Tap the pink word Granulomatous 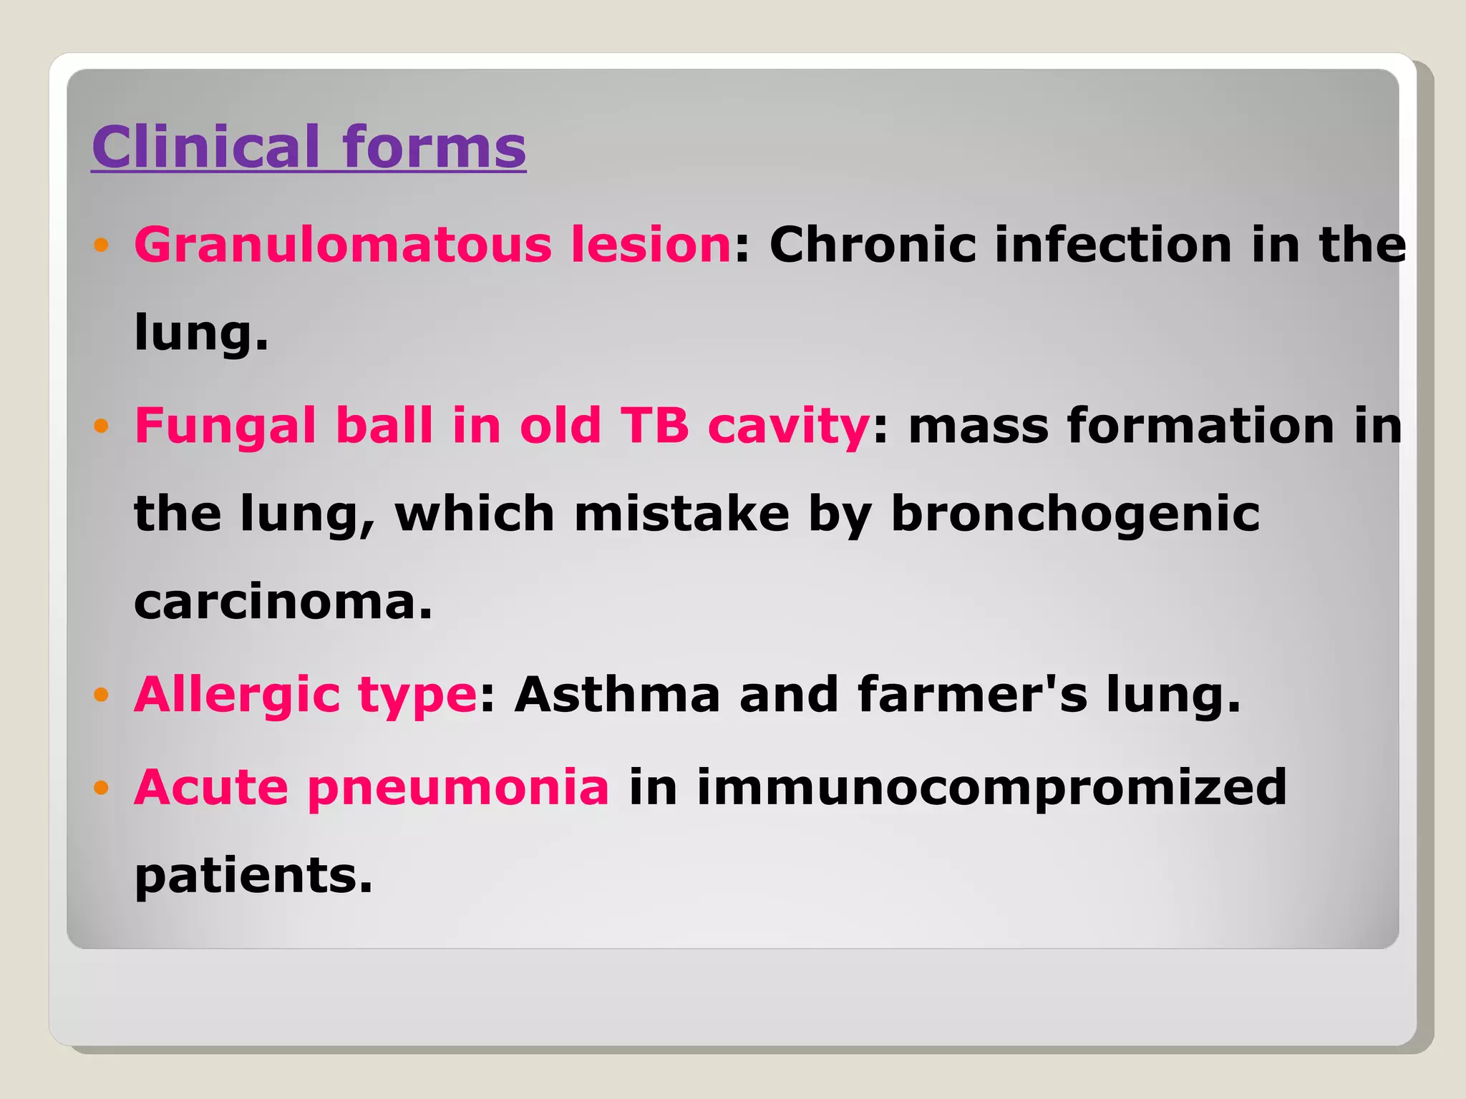[343, 245]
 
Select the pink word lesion [651, 245]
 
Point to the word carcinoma [283, 602]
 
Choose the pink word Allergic [237, 695]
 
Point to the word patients [253, 876]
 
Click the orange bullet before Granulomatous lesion [101, 245]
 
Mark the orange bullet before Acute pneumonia [101, 788]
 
